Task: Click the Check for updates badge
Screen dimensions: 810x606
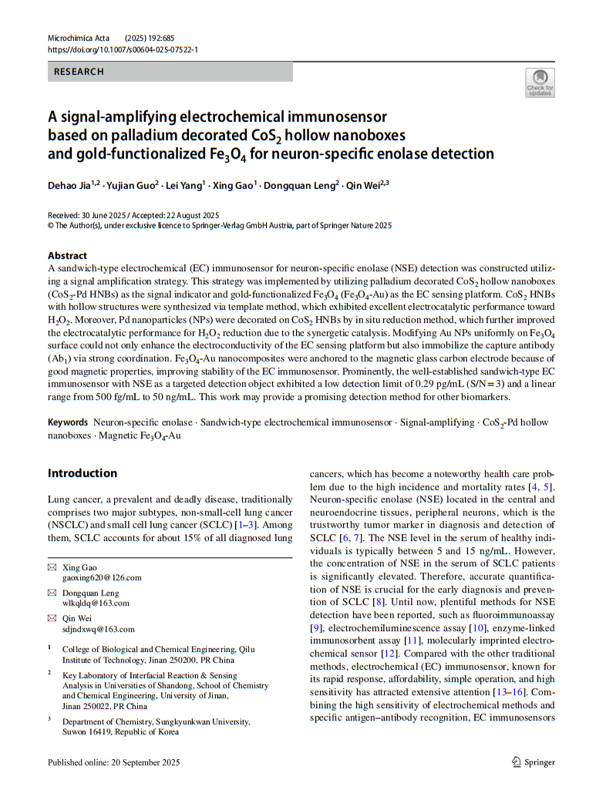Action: (x=539, y=82)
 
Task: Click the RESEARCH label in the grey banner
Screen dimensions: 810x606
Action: (x=78, y=72)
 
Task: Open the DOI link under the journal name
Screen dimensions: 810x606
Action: (x=123, y=49)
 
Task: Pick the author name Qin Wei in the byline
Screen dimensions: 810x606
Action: (x=364, y=186)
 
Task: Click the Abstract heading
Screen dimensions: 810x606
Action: (x=67, y=256)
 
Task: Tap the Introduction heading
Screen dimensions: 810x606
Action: (x=82, y=472)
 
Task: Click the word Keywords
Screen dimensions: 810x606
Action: (x=69, y=423)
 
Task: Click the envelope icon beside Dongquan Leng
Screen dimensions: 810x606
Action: (x=52, y=593)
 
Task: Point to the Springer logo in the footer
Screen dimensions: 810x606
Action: (x=533, y=762)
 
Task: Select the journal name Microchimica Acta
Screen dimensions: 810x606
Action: (x=79, y=38)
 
